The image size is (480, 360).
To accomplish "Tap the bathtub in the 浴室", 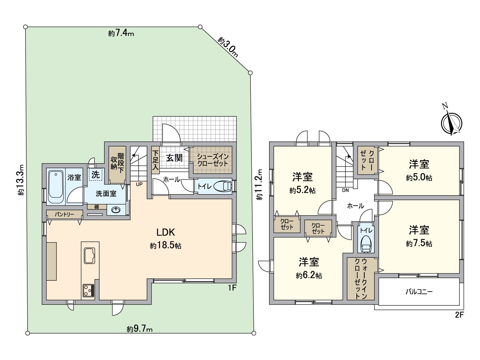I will click(55, 185).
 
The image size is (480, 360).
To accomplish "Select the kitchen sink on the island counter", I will click(89, 256).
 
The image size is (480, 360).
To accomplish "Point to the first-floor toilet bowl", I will click(223, 187).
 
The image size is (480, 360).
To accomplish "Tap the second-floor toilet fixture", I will click(366, 244).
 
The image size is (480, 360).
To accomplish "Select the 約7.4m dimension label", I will click(121, 33).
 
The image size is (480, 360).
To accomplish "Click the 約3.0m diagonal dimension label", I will click(228, 47).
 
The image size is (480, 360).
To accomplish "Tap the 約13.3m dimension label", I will click(20, 180).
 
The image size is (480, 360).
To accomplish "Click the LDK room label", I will click(165, 232).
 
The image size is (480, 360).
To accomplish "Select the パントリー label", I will click(64, 214).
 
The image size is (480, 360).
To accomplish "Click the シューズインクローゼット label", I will click(213, 160).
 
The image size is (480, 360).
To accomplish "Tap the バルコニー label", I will click(419, 291).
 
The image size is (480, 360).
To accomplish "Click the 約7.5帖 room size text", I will click(419, 243).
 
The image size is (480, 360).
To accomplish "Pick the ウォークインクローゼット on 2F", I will click(361, 279).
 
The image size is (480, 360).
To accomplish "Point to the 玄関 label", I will click(174, 158).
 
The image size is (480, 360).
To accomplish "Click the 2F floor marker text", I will click(459, 315).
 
